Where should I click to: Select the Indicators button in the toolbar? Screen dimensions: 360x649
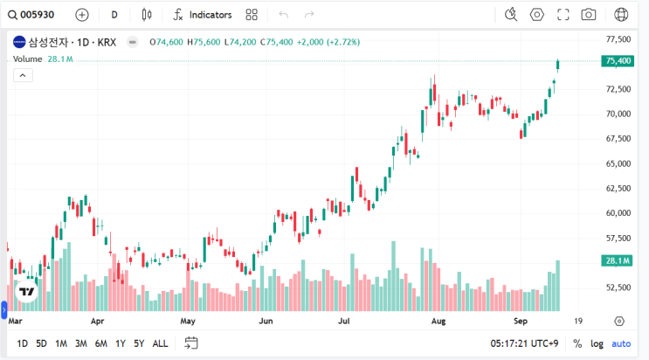click(x=203, y=15)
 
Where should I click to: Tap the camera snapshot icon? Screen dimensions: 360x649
click(x=589, y=15)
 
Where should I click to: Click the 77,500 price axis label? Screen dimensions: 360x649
click(x=618, y=39)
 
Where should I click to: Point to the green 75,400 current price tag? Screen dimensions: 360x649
click(x=618, y=60)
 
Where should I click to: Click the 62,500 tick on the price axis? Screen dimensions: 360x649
click(x=618, y=188)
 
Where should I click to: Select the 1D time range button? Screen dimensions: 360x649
click(x=22, y=343)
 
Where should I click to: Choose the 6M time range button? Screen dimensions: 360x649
click(x=100, y=343)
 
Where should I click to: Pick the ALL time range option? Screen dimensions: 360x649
click(x=161, y=343)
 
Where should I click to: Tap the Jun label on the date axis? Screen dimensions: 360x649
click(x=267, y=322)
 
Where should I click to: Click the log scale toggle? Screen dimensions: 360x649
click(x=597, y=343)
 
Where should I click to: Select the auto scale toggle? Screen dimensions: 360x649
click(x=621, y=343)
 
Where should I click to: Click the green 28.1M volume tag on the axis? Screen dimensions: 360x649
click(x=618, y=260)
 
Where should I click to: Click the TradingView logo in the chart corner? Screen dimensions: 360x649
click(x=26, y=292)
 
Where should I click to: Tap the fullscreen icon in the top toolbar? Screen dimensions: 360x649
click(x=563, y=15)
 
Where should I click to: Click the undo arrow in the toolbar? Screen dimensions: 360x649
click(x=283, y=15)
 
